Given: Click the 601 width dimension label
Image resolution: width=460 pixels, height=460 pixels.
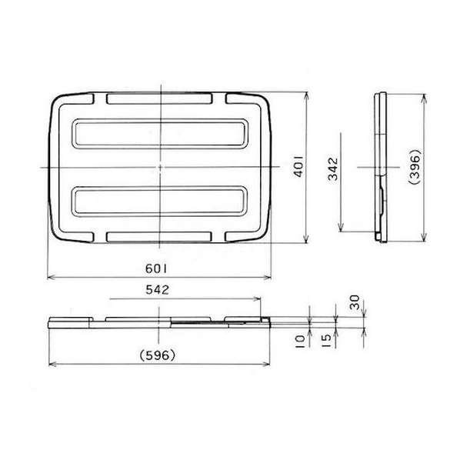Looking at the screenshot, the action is click(x=156, y=268).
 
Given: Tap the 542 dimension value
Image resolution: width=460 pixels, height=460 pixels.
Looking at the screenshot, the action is click(x=158, y=290).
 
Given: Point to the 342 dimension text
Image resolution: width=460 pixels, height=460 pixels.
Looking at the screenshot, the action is click(x=333, y=169).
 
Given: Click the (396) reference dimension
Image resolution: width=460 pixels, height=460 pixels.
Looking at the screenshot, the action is click(x=415, y=167).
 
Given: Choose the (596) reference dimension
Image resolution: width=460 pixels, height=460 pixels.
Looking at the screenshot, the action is click(x=158, y=355).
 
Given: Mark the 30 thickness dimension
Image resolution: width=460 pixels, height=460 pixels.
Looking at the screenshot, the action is click(x=355, y=302).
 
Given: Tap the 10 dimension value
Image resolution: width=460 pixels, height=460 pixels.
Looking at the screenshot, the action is click(x=299, y=342).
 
